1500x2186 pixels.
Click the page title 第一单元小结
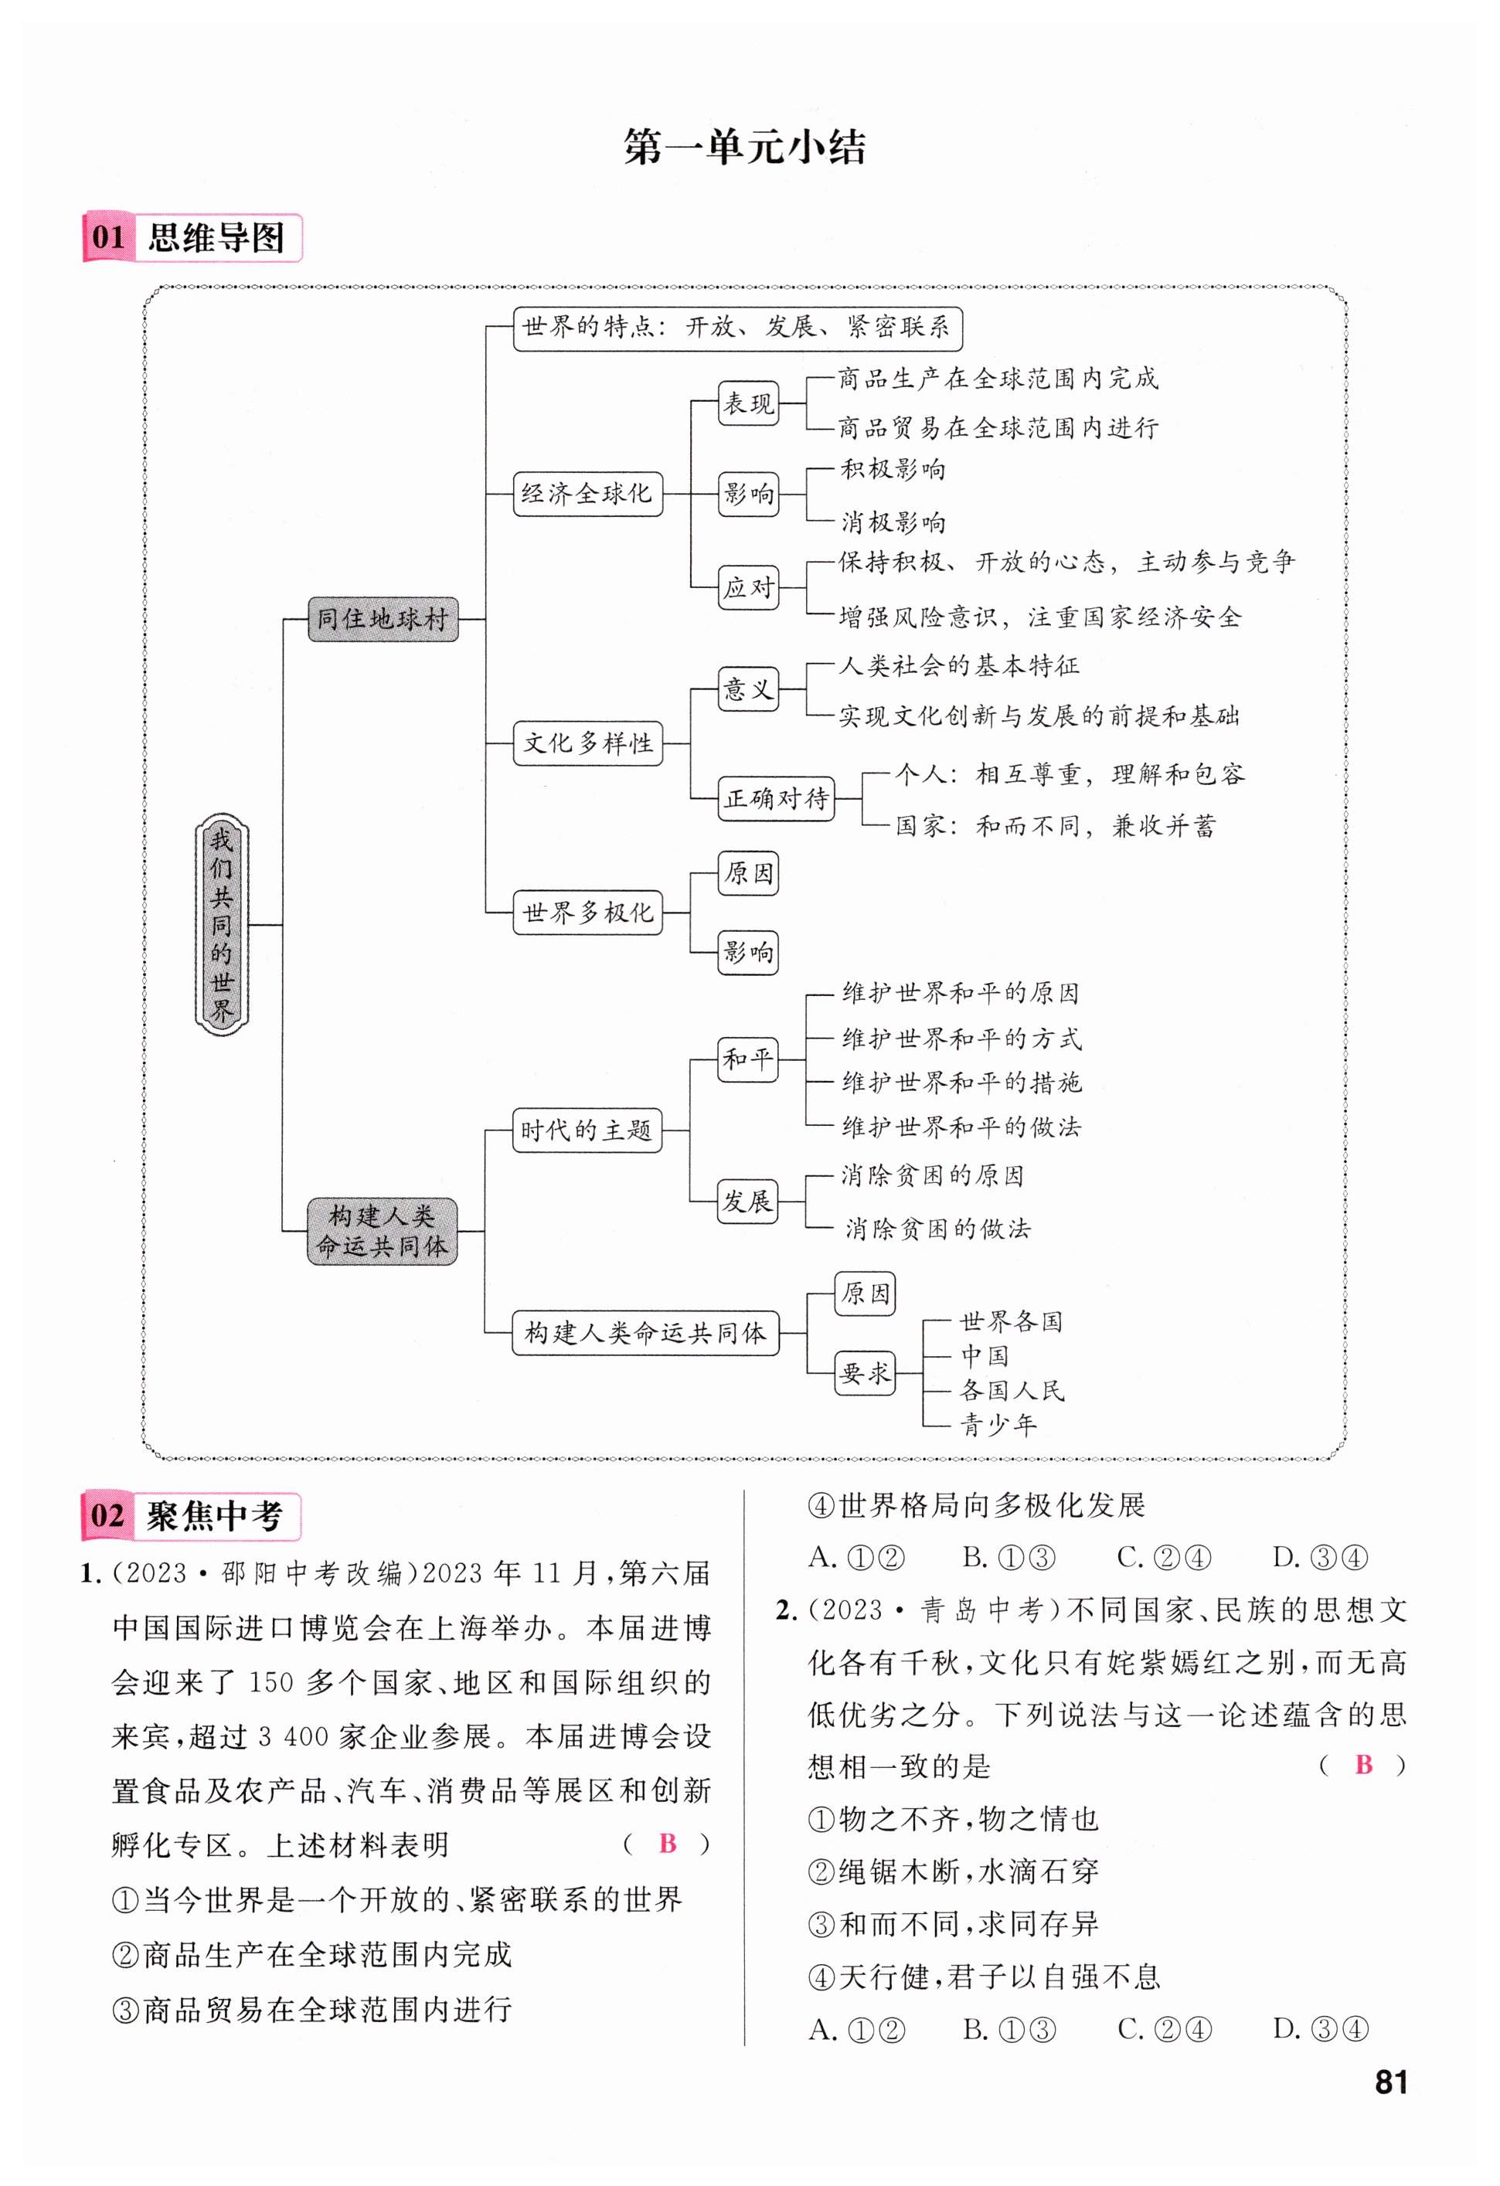click(x=744, y=148)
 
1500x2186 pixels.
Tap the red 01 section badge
click(x=109, y=237)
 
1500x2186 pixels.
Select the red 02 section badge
click(x=108, y=1515)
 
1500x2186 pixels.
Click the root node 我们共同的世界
click(x=222, y=925)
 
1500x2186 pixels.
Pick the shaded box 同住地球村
click(x=383, y=619)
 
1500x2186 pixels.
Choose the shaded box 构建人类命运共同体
click(x=382, y=1230)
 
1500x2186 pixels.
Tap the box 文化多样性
click(x=588, y=743)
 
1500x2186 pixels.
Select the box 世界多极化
click(x=588, y=913)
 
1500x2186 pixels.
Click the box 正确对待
click(x=776, y=798)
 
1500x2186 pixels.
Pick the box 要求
click(x=864, y=1372)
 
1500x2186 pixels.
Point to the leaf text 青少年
click(x=998, y=1425)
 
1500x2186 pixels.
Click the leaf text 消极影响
click(x=893, y=522)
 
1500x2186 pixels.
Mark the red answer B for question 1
click(x=668, y=1843)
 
